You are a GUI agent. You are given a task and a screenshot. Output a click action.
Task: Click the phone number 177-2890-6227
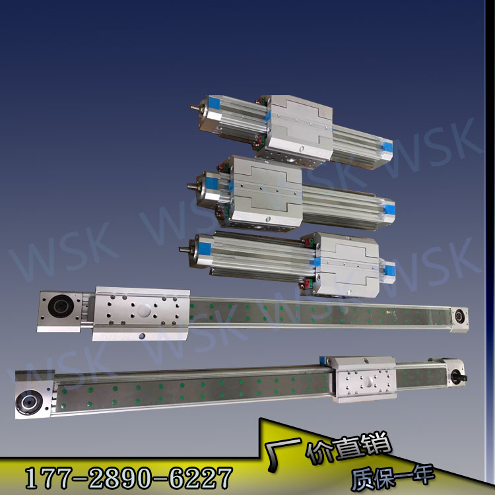(x=129, y=478)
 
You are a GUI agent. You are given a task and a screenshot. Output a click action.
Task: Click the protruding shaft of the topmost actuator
(x=195, y=108)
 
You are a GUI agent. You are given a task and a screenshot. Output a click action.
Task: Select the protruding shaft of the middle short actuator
(x=192, y=186)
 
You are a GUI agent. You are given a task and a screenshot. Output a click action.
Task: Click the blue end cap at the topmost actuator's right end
(x=387, y=147)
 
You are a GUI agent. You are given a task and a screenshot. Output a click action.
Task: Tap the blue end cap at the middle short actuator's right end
(x=389, y=209)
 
